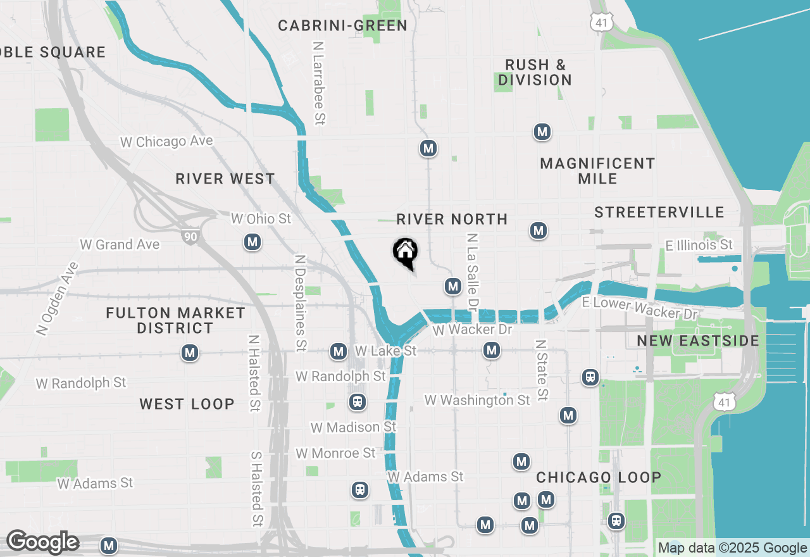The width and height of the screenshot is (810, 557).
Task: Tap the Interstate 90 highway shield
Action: tap(189, 237)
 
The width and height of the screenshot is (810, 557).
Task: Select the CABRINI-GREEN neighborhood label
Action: tap(342, 26)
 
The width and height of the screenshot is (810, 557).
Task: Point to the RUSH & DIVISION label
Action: tap(535, 72)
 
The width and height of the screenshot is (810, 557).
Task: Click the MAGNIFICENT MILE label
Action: tap(597, 171)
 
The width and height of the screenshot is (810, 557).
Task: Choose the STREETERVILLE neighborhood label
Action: tap(659, 212)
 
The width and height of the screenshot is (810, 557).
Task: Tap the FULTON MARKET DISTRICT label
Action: tap(175, 320)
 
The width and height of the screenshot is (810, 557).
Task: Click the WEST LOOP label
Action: tap(187, 404)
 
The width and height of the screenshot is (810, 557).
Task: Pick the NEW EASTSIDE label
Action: tap(698, 341)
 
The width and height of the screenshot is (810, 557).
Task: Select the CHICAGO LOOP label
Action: tap(599, 477)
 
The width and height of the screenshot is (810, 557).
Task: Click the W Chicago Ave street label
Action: tap(166, 142)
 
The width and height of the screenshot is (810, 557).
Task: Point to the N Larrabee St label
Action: tap(319, 83)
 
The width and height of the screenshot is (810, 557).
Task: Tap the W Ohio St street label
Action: tap(261, 218)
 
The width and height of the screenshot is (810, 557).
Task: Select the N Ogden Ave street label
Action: tap(56, 298)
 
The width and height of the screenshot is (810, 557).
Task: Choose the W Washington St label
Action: tap(477, 400)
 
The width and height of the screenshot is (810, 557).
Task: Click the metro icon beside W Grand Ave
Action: tap(252, 242)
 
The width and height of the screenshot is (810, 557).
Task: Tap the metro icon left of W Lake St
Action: tap(339, 351)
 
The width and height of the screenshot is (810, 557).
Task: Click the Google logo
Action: tap(42, 542)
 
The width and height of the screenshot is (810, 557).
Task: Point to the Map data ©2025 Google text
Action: tap(732, 548)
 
